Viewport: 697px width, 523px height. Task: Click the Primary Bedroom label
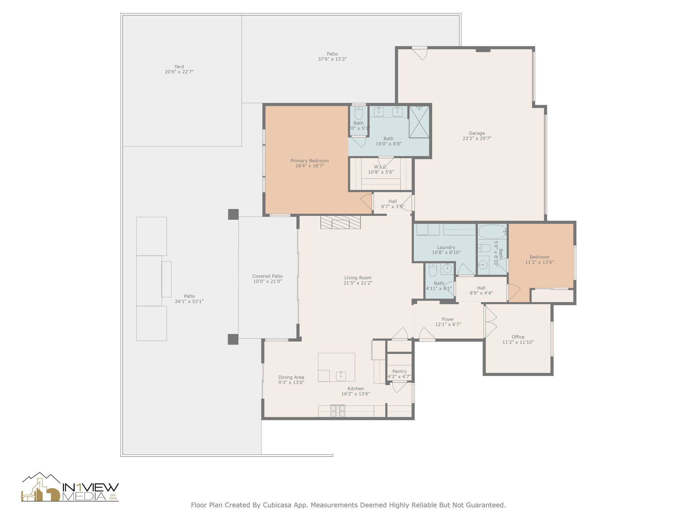click(309, 161)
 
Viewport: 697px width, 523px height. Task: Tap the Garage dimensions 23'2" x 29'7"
click(477, 139)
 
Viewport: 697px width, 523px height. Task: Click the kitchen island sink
click(341, 376)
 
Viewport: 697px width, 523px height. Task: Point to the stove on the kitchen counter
click(338, 411)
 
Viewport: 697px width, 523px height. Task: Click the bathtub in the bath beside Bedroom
click(492, 232)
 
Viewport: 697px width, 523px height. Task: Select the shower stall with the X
click(419, 122)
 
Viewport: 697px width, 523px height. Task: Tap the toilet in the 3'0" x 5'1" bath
click(359, 113)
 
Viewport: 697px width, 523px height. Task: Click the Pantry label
click(399, 371)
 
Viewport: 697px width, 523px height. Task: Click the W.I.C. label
click(380, 167)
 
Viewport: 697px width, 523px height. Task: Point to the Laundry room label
click(446, 248)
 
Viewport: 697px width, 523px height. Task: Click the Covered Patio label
click(268, 276)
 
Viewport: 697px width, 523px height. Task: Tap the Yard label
click(179, 67)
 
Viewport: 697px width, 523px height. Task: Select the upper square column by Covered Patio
click(233, 215)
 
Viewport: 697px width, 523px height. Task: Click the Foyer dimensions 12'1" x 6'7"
click(448, 324)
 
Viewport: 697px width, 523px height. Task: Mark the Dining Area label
click(291, 377)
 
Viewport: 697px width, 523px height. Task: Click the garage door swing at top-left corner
click(421, 53)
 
